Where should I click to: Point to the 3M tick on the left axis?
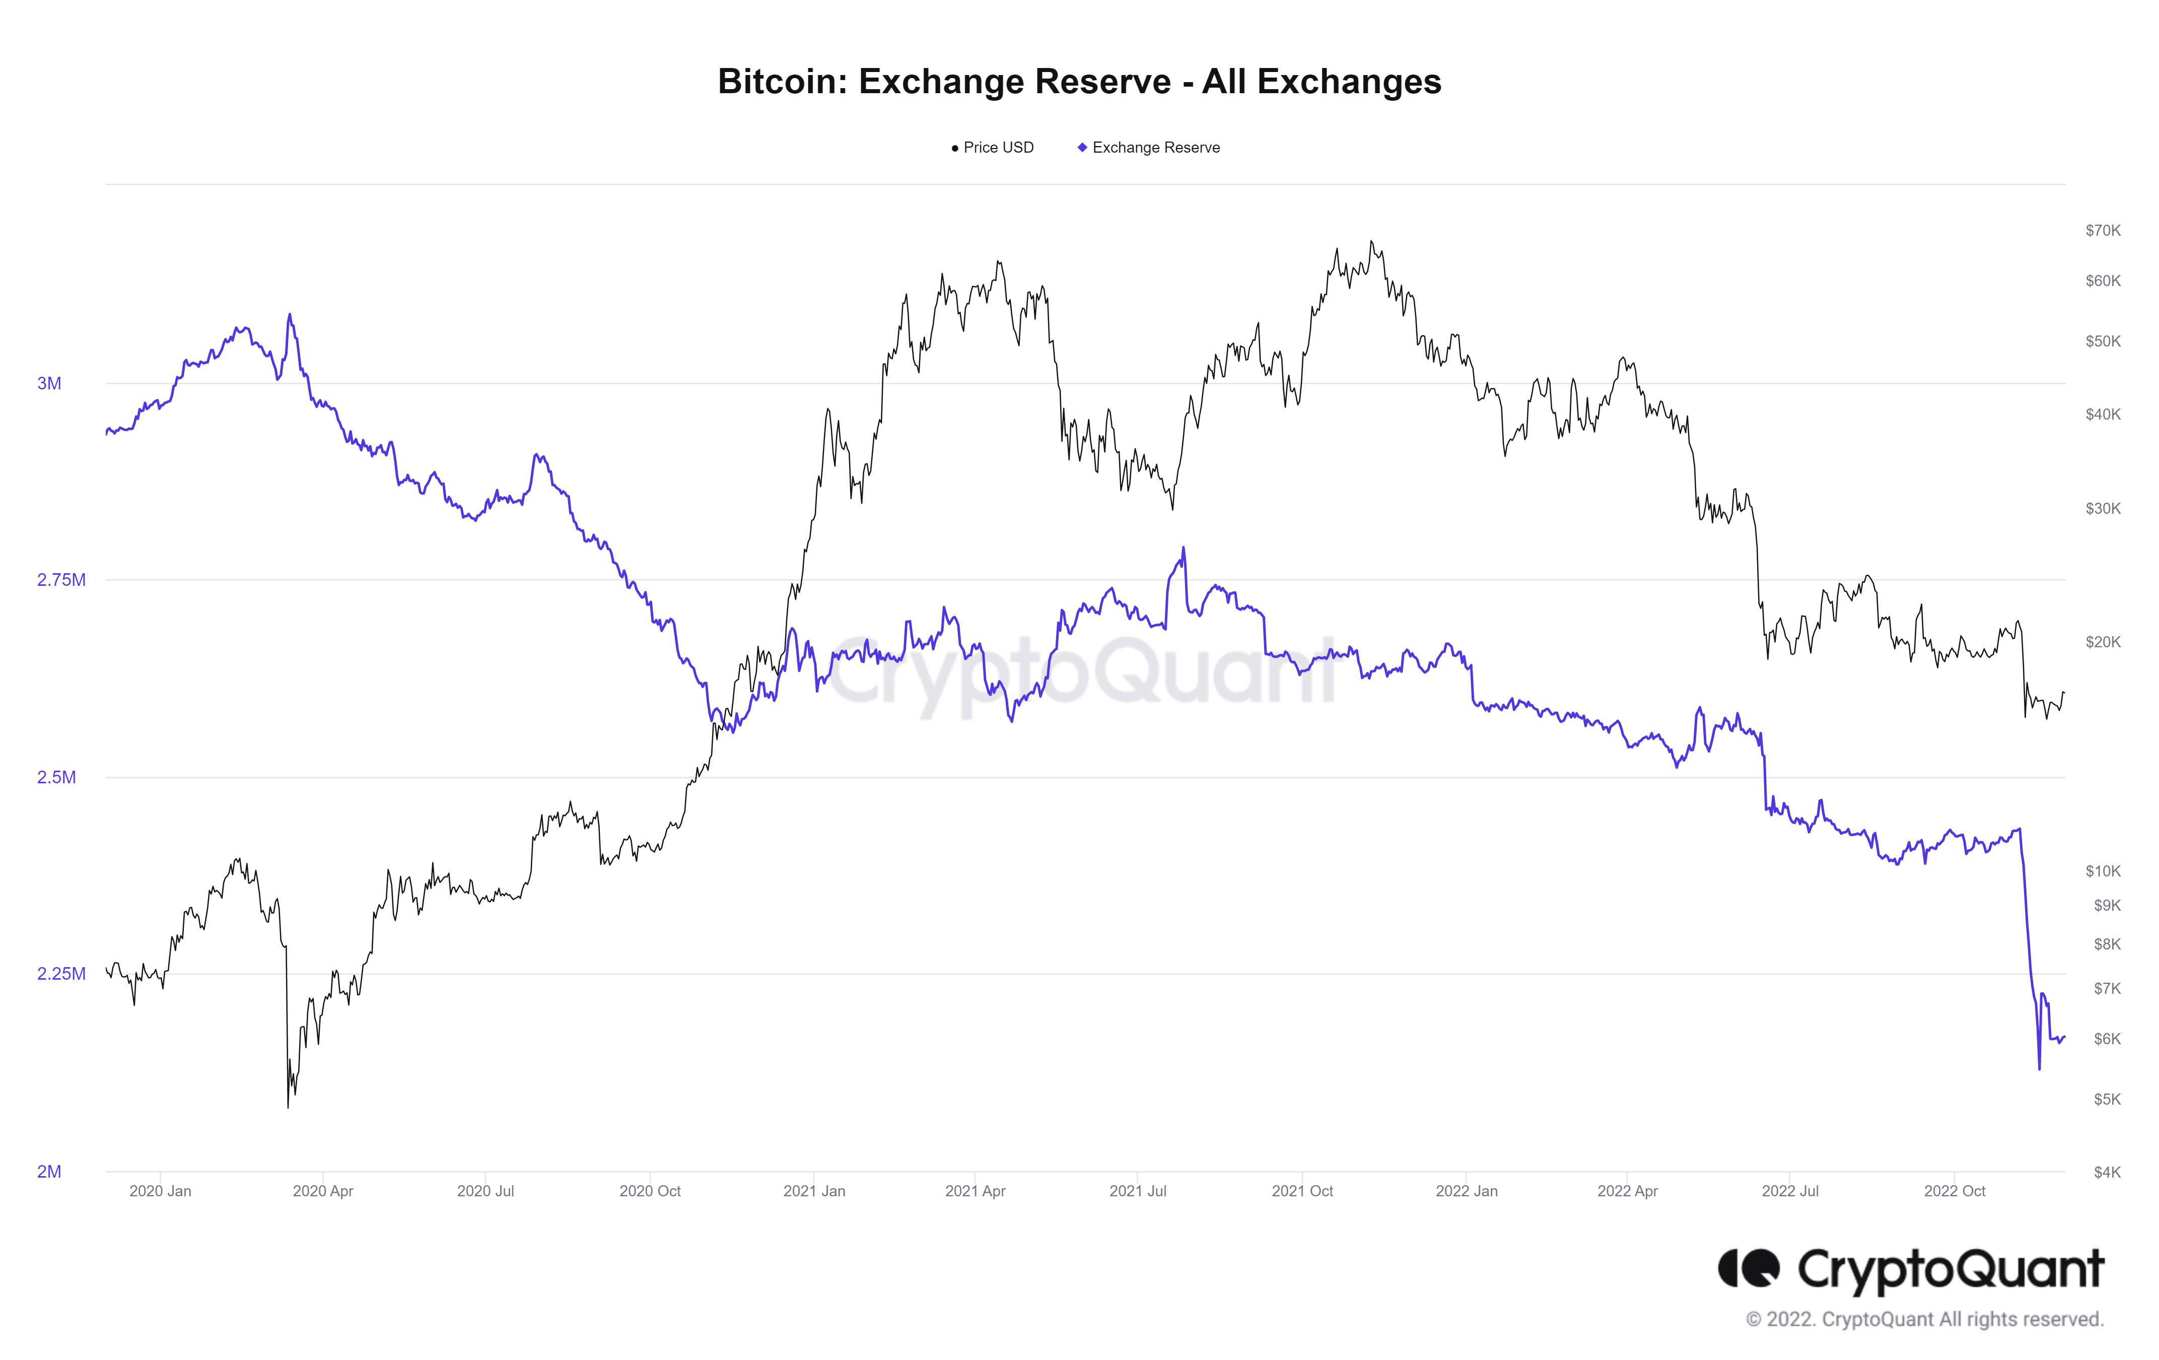point(49,384)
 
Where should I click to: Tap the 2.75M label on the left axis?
point(61,580)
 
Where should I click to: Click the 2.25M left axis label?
point(61,974)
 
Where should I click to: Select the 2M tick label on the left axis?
point(49,1171)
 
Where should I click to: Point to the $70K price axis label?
point(2103,230)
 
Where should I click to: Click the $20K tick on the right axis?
point(2103,642)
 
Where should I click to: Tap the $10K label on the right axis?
point(2103,870)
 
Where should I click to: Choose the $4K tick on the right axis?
point(2106,1172)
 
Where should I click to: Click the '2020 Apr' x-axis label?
point(323,1191)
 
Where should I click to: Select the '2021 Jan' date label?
point(814,1191)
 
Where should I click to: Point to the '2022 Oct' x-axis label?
point(1955,1191)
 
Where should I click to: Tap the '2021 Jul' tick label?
point(1138,1191)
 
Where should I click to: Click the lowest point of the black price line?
point(288,1107)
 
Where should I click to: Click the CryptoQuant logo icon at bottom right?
point(1749,1268)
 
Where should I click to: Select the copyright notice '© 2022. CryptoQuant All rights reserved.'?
point(1924,1319)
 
